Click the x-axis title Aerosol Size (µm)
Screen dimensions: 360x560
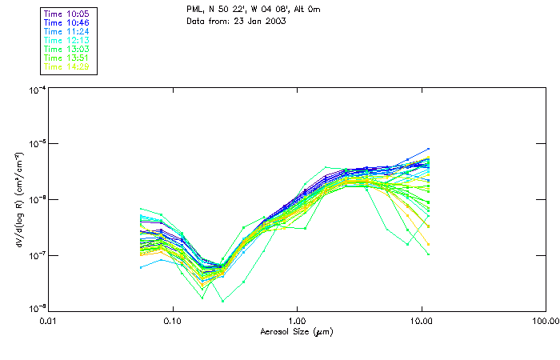click(x=296, y=331)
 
